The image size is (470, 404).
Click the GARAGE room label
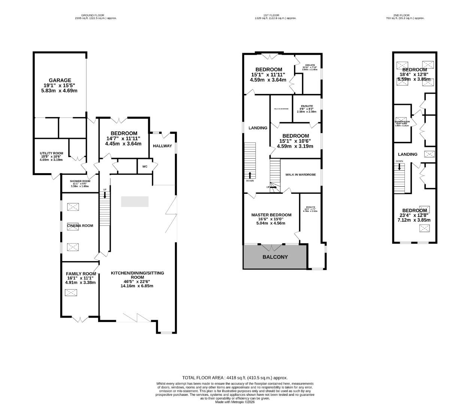[x=60, y=80]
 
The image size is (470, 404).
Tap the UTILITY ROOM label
[x=52, y=153]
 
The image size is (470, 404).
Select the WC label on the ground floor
[x=144, y=167]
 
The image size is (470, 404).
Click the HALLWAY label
[x=163, y=146]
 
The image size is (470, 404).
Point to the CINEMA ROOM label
[x=80, y=226]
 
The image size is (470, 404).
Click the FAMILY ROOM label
[x=81, y=273]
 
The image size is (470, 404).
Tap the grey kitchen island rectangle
[x=135, y=202]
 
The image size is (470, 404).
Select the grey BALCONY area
[x=275, y=257]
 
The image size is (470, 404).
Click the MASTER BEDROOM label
[x=271, y=215]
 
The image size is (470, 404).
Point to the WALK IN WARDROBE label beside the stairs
[x=300, y=175]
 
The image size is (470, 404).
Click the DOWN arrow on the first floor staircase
[x=250, y=175]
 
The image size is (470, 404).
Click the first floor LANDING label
[x=258, y=128]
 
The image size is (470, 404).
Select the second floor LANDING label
[x=407, y=154]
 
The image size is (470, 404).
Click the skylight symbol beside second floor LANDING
[x=429, y=154]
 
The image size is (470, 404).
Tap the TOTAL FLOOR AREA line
[x=235, y=378]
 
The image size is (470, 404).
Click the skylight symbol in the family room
[x=70, y=293]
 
